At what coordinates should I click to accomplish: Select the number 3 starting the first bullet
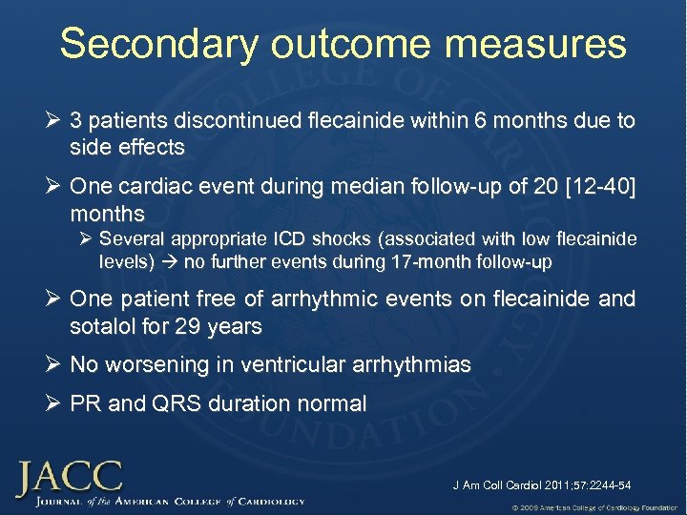tap(76, 122)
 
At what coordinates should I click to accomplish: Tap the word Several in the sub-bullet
tap(131, 238)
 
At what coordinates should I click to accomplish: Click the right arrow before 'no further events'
tap(173, 260)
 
